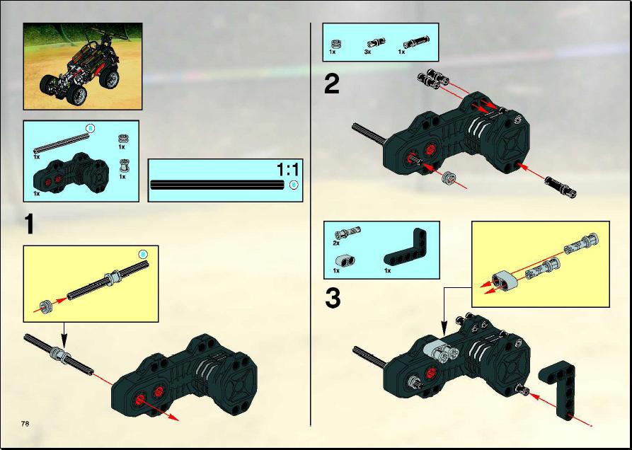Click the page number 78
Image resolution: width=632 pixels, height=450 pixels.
coord(25,423)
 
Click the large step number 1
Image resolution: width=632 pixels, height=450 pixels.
coord(29,224)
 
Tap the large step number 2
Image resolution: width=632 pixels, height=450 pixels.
coord(332,84)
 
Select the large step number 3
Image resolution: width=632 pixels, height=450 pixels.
coord(333,299)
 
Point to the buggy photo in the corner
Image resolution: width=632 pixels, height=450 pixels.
coord(83,66)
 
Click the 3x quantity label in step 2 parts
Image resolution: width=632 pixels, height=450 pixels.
coord(367,52)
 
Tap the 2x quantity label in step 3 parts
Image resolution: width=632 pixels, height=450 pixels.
coord(336,243)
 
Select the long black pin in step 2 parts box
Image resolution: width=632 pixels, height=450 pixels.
coord(417,41)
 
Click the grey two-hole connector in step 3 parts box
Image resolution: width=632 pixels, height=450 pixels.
coord(343,261)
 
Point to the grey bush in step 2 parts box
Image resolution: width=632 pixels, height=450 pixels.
coord(334,43)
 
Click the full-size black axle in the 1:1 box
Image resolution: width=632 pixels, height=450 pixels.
coord(217,185)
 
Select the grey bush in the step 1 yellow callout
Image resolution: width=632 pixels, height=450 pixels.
coord(45,306)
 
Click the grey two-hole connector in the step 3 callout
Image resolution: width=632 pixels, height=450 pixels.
coord(504,280)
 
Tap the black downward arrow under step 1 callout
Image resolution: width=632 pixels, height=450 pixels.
coord(63,335)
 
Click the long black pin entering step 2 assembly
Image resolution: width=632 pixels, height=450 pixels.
coord(561,187)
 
